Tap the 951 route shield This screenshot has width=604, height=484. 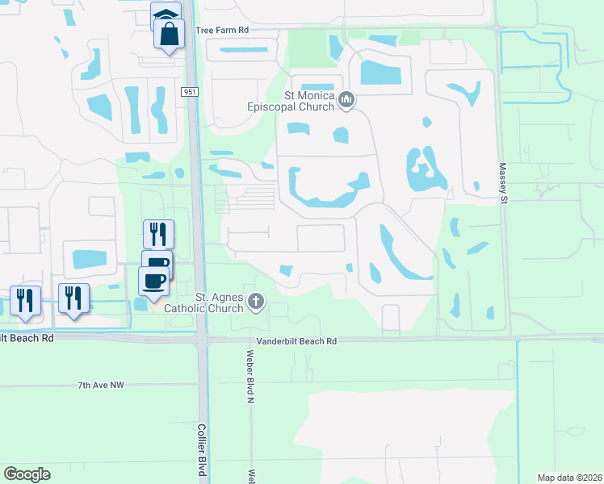tap(190, 93)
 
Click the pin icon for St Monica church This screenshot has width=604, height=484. tap(347, 100)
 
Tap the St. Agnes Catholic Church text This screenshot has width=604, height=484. tap(204, 302)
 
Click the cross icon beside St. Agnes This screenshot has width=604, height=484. tap(256, 302)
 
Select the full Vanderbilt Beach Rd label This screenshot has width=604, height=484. tap(297, 342)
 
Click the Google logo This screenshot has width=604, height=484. tap(27, 474)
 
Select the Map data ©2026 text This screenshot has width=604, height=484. tap(569, 478)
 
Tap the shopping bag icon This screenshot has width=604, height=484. tap(170, 35)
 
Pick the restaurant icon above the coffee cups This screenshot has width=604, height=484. tap(159, 234)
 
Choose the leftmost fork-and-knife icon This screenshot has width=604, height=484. tap(25, 299)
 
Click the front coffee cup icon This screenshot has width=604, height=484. tap(154, 280)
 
